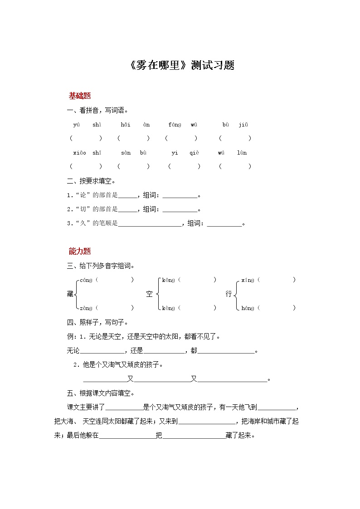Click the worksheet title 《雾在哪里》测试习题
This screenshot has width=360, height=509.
(x=181, y=65)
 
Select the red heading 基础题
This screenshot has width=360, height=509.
(x=80, y=96)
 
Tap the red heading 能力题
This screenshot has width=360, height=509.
(x=80, y=251)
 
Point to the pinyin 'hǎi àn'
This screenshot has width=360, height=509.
(x=135, y=124)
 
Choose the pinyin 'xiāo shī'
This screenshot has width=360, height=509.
(x=87, y=153)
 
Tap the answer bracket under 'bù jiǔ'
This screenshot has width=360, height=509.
(x=234, y=138)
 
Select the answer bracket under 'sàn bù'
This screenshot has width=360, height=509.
(x=133, y=166)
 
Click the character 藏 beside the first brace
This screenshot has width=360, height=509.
(x=70, y=294)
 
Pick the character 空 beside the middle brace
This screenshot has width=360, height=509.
(x=149, y=294)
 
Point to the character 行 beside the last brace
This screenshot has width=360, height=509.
(x=229, y=294)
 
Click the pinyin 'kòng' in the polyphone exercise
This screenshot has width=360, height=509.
(x=168, y=308)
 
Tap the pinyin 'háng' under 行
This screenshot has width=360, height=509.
(x=248, y=308)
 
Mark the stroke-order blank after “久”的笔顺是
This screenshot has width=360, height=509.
(x=149, y=223)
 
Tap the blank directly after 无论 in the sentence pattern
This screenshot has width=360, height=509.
(x=102, y=351)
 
